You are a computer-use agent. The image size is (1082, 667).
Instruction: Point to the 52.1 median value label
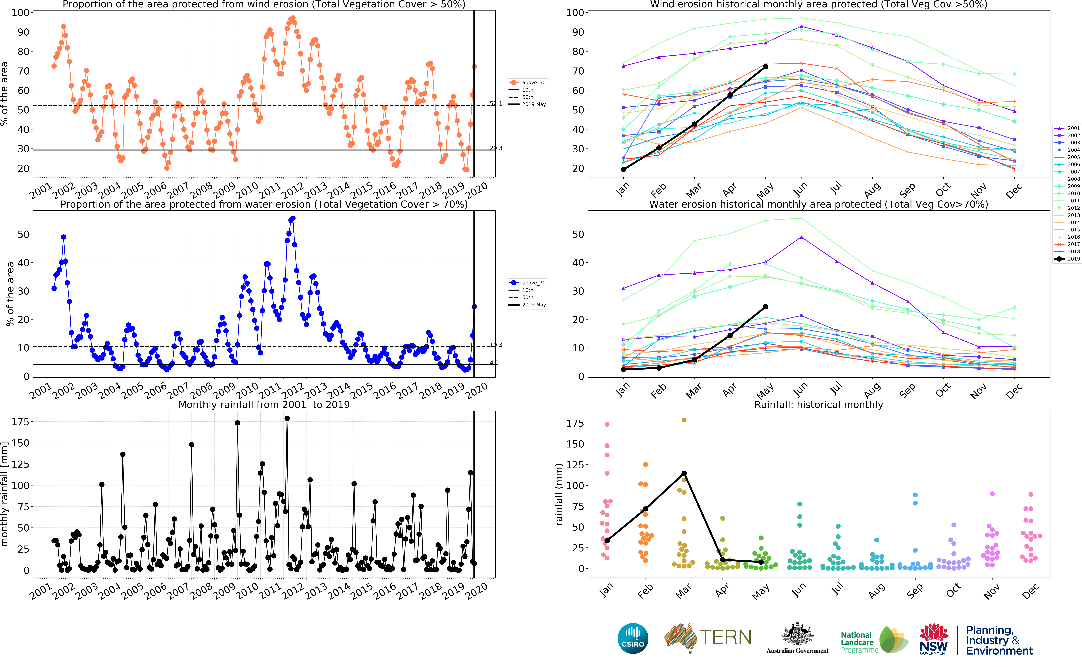pos(496,104)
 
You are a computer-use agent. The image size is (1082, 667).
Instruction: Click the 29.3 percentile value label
pos(496,148)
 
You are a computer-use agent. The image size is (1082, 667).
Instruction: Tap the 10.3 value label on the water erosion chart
pos(496,345)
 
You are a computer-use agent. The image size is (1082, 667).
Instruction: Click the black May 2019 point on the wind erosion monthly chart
pos(765,67)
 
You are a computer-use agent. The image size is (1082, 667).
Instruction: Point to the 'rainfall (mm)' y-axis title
pos(559,494)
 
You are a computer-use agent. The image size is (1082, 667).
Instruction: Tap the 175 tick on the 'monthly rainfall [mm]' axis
pos(20,422)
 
